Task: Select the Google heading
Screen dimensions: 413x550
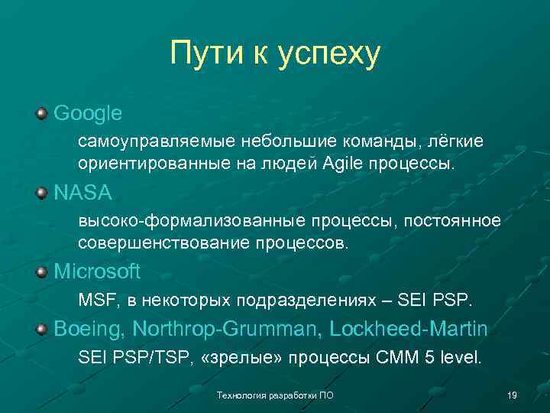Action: (88, 113)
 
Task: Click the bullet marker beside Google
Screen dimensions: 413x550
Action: (40, 114)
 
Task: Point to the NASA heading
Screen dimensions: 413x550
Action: (82, 192)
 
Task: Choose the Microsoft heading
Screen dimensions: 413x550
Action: (97, 272)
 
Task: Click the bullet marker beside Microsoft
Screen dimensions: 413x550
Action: (40, 272)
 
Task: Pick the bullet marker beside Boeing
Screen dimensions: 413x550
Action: (40, 330)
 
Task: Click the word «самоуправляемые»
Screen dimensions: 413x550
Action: (158, 142)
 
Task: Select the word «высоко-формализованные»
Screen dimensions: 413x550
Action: (189, 221)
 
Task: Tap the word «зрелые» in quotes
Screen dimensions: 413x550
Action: (245, 357)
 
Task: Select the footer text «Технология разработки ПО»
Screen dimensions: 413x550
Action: (275, 395)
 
